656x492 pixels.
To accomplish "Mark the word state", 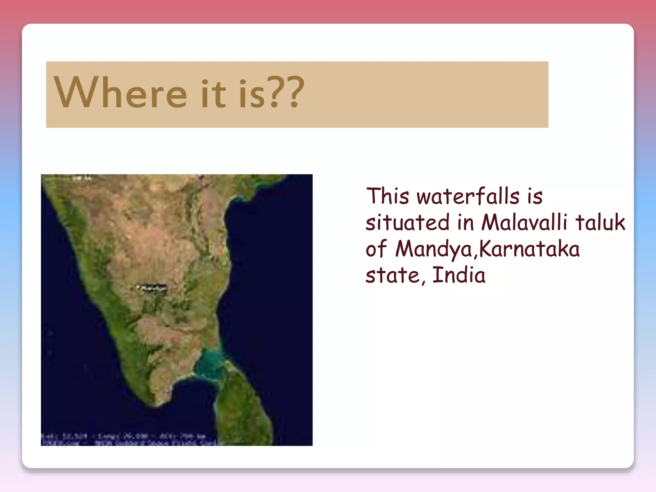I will pos(392,275).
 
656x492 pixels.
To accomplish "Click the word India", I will pos(459,275).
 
